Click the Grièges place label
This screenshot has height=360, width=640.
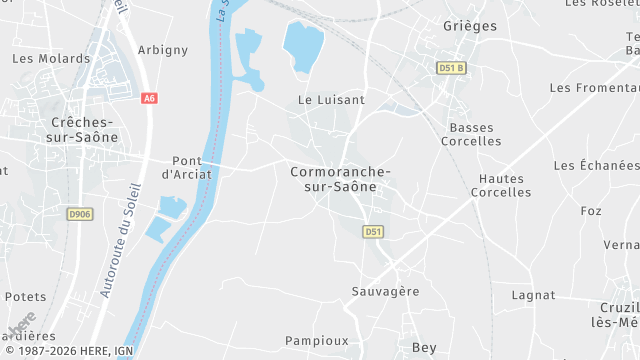[468, 26]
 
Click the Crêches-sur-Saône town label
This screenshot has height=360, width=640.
[84, 129]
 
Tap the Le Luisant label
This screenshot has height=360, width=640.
[331, 100]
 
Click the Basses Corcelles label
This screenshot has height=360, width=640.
[474, 135]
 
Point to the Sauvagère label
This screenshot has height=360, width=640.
[385, 291]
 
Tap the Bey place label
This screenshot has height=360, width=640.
[424, 347]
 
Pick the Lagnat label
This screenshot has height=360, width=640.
[533, 295]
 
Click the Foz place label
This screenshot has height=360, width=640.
[591, 211]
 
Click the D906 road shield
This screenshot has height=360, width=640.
[79, 214]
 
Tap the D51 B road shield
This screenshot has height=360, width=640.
[451, 68]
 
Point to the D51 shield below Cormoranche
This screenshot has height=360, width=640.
[373, 231]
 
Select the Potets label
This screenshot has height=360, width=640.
[26, 297]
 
